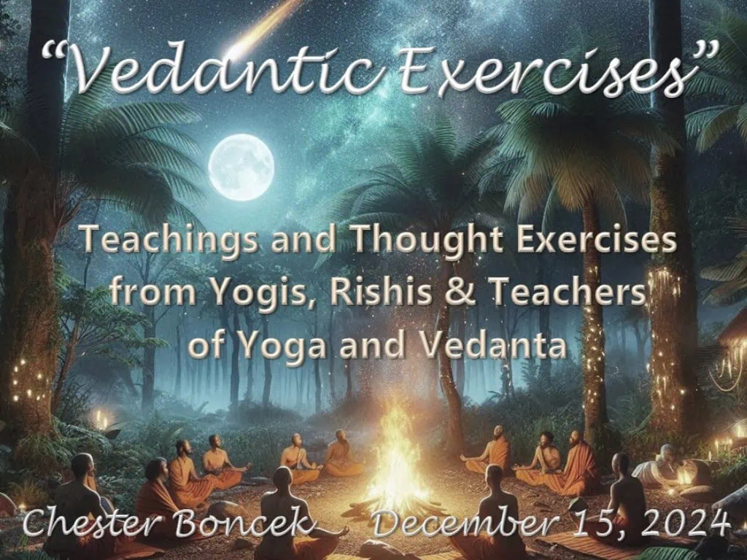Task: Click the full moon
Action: [241, 167]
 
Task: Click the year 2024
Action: [684, 522]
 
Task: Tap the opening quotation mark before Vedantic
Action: [53, 52]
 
